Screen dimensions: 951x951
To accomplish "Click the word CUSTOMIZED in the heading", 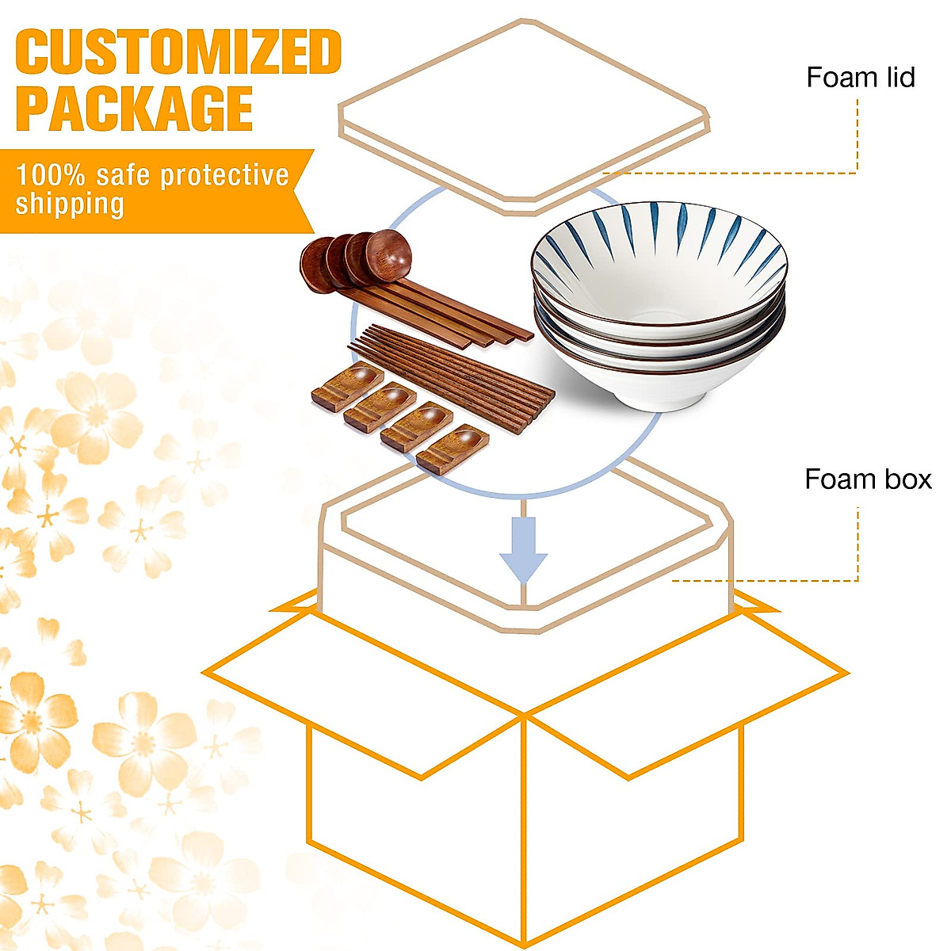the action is click(178, 52).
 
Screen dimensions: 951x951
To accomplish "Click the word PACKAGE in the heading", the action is click(135, 109).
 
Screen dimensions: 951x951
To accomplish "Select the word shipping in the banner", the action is click(70, 204).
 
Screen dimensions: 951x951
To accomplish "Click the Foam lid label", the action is click(860, 78).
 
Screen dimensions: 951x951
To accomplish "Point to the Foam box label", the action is click(867, 479).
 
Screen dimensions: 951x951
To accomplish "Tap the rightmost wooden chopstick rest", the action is click(453, 449).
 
